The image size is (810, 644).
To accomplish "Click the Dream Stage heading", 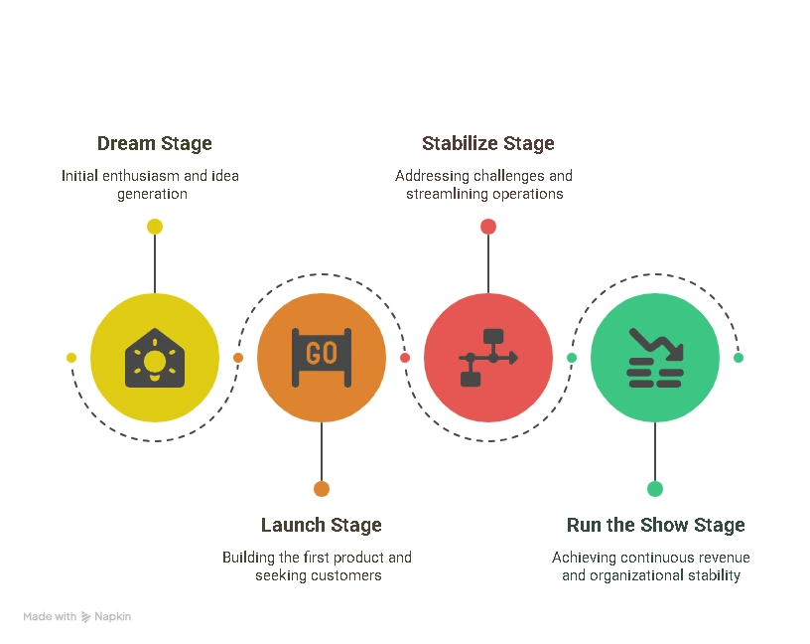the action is pos(155,144).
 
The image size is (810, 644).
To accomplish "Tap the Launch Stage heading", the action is pos(322,525).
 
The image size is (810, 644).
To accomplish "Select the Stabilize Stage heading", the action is pos(488,144).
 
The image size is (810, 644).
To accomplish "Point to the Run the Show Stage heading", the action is pos(655,525).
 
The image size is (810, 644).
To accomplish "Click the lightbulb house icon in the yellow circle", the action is pos(155,358).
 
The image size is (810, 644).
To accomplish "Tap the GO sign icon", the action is pos(322,358).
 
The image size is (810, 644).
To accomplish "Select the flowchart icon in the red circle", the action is pos(488,358).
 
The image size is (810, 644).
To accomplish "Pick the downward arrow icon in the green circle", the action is pos(655,358).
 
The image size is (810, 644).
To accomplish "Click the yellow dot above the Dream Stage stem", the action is pos(155,227).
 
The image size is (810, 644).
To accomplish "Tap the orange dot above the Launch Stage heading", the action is pos(322,489).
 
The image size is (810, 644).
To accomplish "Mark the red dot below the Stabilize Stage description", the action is pos(488,227).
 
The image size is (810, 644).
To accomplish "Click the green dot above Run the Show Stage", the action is pos(655,489).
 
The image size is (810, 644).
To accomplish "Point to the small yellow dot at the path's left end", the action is pos(71,358).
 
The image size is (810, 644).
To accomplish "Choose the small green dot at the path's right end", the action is pos(739,358).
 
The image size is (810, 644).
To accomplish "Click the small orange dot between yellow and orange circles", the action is pos(238,358).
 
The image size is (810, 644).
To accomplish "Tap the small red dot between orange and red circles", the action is pos(405,358).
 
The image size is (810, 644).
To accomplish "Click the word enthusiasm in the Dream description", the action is pos(141,176).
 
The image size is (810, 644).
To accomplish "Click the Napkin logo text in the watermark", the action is pos(112,616).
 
